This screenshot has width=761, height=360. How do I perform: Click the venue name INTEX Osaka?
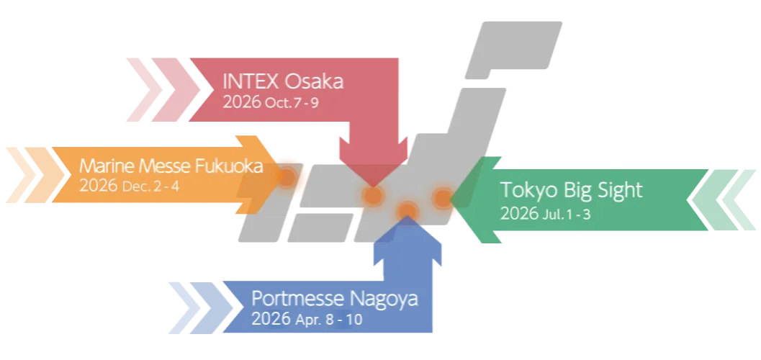(283, 81)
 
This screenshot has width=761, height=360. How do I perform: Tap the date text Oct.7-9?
(292, 103)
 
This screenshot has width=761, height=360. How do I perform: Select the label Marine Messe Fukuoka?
(171, 166)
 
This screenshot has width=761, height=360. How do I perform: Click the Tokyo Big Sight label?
(571, 190)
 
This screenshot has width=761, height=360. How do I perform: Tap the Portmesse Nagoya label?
(334, 298)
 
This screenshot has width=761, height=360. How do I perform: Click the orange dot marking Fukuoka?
(287, 176)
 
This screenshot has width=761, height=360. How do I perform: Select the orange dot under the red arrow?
(373, 195)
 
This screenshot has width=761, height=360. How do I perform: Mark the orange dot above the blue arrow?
(407, 210)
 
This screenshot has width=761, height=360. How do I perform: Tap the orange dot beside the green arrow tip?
(441, 197)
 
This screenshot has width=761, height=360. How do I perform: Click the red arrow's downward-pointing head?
(373, 162)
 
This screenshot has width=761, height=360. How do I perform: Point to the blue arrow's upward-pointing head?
(407, 238)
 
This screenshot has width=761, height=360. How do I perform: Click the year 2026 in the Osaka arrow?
(242, 103)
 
